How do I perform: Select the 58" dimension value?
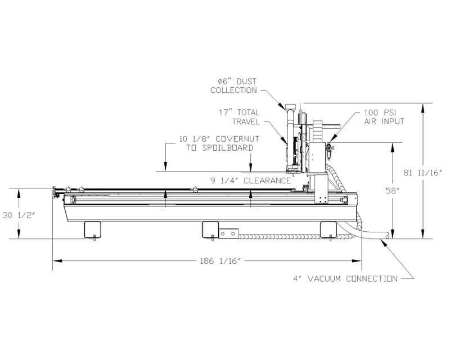coord(391,191)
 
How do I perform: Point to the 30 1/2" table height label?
coord(19,215)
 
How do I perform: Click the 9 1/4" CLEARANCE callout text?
coord(251,181)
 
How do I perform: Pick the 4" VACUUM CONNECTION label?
coord(345,278)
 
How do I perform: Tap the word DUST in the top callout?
coord(246,82)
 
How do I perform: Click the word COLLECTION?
coord(233,90)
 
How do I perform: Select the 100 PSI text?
coord(380,112)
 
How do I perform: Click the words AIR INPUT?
coord(384,121)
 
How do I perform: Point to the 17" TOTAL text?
coord(239,112)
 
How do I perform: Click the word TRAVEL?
coord(246,121)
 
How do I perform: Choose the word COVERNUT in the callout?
coord(237,139)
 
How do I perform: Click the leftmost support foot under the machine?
coord(92,229)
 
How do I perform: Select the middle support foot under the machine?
coord(210,229)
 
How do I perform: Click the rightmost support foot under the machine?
coord(328,229)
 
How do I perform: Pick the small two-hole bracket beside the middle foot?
coord(229,233)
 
